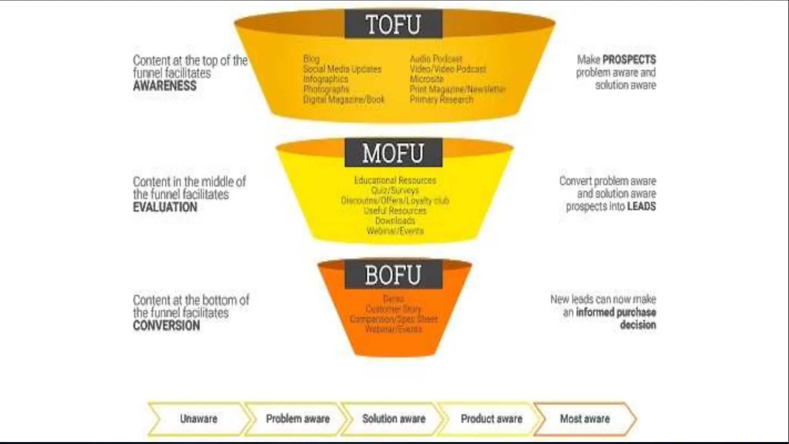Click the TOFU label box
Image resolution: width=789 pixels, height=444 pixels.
(x=393, y=24)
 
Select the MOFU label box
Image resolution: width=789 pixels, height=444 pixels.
(x=393, y=153)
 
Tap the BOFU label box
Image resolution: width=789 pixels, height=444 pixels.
(x=393, y=275)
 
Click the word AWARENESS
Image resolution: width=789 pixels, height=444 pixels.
(x=165, y=86)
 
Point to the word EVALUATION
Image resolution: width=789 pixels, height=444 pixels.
(x=165, y=207)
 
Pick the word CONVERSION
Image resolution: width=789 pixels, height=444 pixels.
(x=166, y=326)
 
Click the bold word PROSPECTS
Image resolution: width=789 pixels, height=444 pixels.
(x=629, y=60)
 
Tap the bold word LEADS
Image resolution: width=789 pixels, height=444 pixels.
(x=641, y=207)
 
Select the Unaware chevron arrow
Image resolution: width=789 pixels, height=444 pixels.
(x=198, y=419)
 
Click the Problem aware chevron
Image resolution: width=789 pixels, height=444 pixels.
(x=297, y=419)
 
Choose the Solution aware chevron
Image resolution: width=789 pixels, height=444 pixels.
(x=394, y=419)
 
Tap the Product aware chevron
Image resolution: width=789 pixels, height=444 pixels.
(x=491, y=419)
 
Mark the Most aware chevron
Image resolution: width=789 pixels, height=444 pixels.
(x=585, y=419)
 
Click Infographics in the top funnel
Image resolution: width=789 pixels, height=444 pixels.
(x=326, y=79)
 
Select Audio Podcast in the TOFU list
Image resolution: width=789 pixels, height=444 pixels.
(x=436, y=59)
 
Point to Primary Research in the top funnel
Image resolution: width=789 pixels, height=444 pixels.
(x=441, y=99)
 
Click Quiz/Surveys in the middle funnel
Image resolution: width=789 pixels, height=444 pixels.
(x=395, y=190)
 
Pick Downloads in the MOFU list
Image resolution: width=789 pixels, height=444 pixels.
(x=395, y=221)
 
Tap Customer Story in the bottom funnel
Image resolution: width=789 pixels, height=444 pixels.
(x=393, y=309)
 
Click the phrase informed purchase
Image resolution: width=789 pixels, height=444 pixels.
(x=616, y=312)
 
